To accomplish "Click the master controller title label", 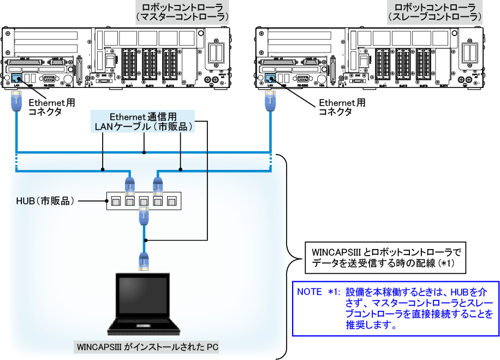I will point(181,12).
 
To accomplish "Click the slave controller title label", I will point(434,12).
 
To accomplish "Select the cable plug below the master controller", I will point(16,101).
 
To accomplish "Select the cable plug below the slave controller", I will point(269,101).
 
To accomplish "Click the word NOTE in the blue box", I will point(309,292).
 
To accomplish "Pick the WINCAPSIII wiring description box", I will point(386,257).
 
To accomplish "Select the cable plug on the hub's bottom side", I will point(144,215).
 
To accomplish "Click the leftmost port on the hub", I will point(116,202).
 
